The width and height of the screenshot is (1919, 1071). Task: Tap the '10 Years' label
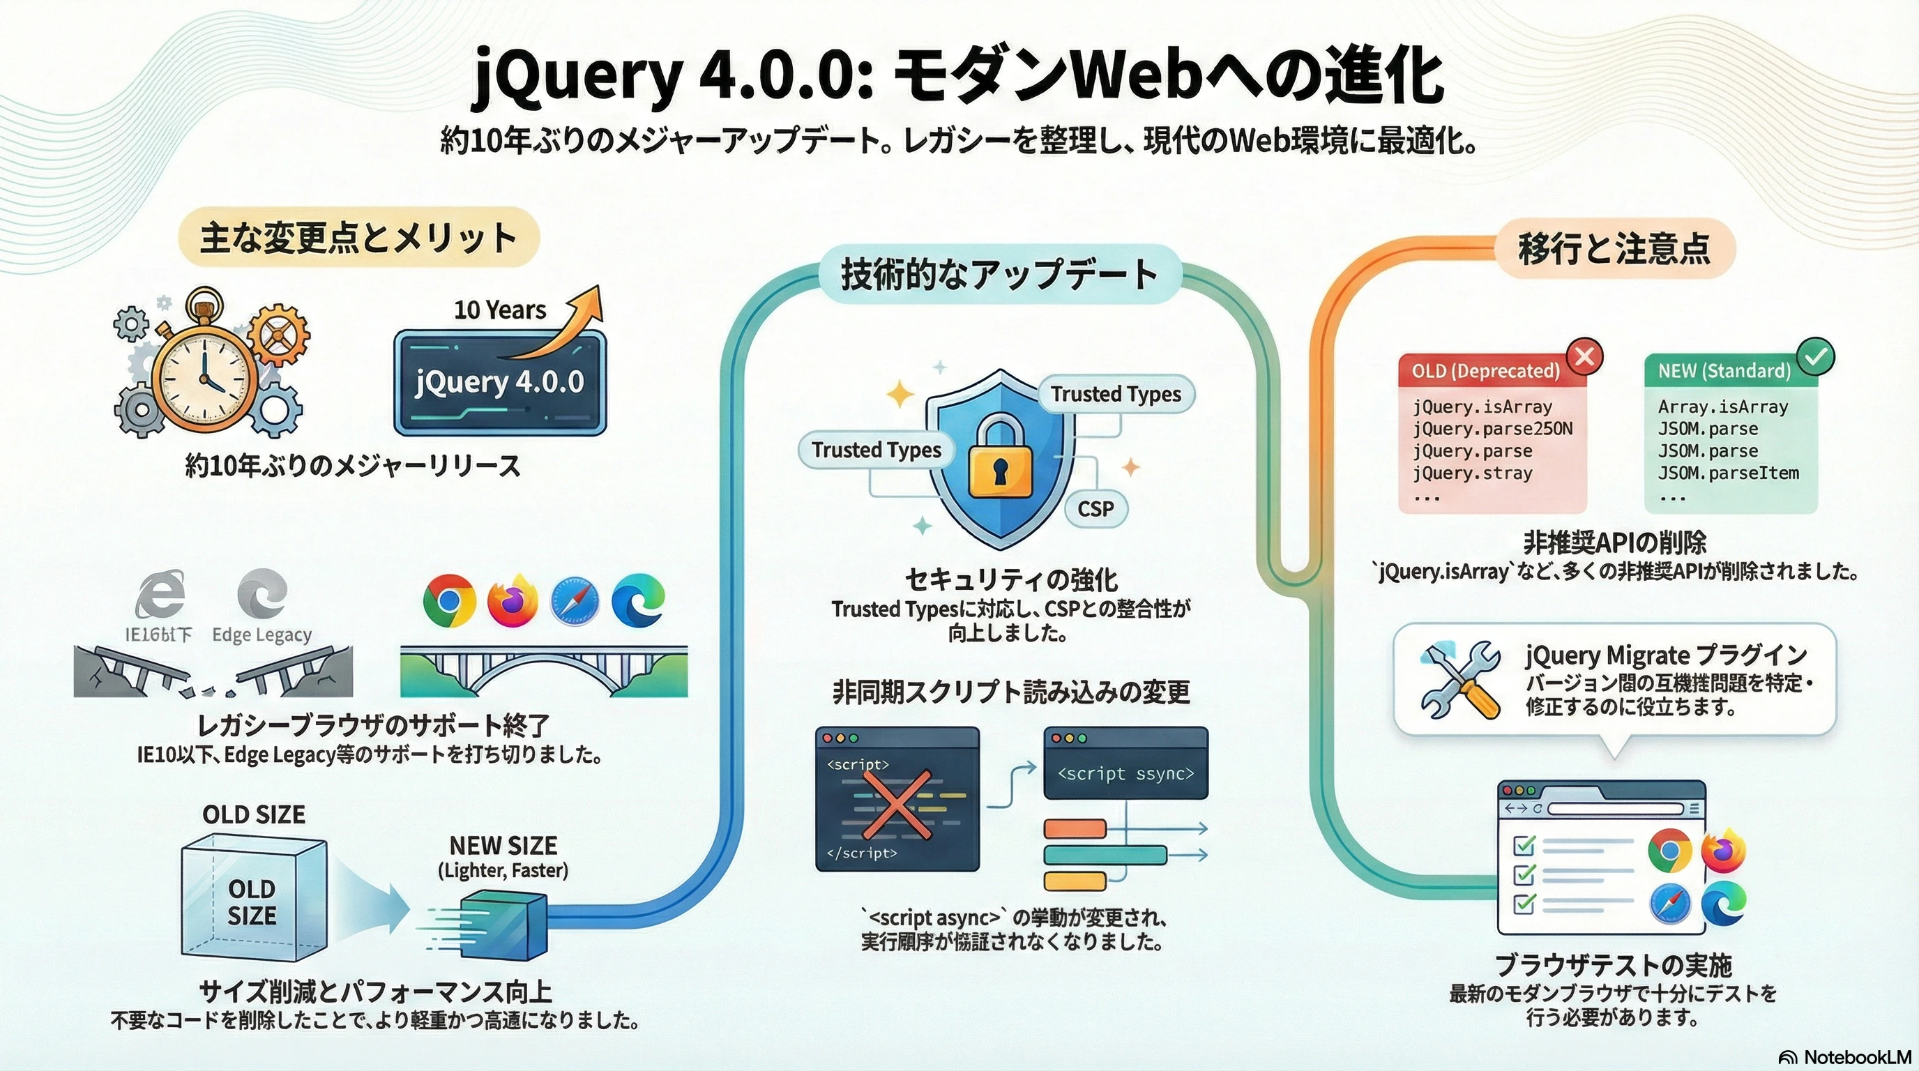pyautogui.click(x=500, y=310)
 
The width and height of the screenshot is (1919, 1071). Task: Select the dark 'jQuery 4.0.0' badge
pyautogui.click(x=500, y=382)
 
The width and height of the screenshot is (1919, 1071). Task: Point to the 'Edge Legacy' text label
pyautogui.click(x=261, y=635)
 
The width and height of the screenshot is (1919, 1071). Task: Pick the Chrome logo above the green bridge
pyautogui.click(x=449, y=600)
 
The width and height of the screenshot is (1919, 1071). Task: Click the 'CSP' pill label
pyautogui.click(x=1095, y=509)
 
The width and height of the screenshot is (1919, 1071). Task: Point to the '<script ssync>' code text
pyautogui.click(x=1125, y=774)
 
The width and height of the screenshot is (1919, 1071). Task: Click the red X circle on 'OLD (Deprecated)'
pyautogui.click(x=1584, y=357)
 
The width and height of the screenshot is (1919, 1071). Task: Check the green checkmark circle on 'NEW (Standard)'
pyautogui.click(x=1816, y=357)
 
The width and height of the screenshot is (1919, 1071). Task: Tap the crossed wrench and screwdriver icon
pyautogui.click(x=1461, y=679)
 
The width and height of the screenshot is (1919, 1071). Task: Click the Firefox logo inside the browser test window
pyautogui.click(x=1723, y=851)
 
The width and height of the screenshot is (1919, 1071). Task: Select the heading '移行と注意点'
pyautogui.click(x=1614, y=249)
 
